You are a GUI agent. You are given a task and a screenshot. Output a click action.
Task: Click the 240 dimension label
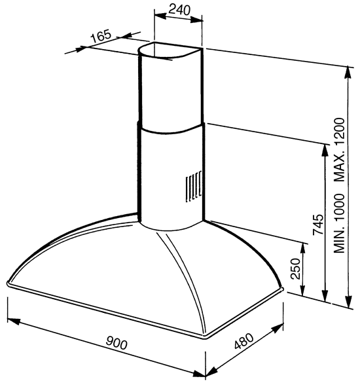tap(179, 10)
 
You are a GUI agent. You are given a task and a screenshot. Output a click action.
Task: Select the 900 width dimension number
tap(117, 342)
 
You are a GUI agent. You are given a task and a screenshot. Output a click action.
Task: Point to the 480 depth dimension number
tap(243, 340)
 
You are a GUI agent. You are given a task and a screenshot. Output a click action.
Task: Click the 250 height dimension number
tap(295, 268)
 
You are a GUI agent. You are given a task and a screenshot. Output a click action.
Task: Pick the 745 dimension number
tap(318, 225)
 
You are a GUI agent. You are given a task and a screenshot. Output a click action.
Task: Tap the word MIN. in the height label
tap(340, 240)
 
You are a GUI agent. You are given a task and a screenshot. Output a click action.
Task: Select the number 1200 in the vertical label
tap(340, 132)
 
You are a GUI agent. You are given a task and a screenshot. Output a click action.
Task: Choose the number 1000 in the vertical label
tap(340, 208)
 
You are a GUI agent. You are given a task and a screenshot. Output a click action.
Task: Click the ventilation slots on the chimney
tap(194, 187)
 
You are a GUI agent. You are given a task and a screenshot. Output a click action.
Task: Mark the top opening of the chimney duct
tap(171, 51)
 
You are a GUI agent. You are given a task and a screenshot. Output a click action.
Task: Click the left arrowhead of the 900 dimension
tap(14, 321)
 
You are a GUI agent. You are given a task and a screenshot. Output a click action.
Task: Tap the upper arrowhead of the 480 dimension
tap(278, 329)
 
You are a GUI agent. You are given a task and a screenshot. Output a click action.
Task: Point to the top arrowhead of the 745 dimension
tap(325, 151)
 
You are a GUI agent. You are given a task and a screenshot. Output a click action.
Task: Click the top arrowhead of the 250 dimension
tap(303, 249)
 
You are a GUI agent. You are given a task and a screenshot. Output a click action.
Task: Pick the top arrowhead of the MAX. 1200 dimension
tap(348, 72)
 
